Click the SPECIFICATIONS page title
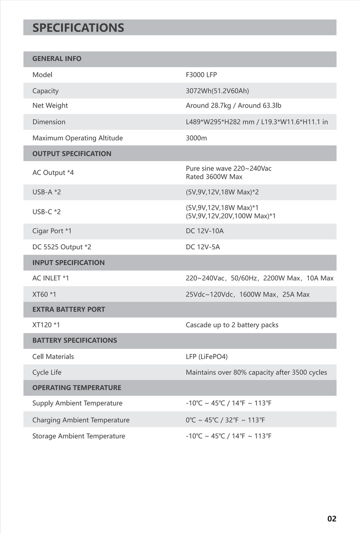point(78,28)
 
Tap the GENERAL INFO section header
point(57,59)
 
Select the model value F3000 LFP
point(201,75)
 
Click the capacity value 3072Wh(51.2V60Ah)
point(217,91)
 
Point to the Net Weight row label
point(50,105)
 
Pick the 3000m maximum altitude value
point(196,138)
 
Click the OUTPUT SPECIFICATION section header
point(72,154)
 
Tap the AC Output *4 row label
point(53,172)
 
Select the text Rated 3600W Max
point(214,176)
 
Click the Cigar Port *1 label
point(52,231)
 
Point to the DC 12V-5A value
point(202,247)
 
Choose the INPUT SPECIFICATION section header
point(68,262)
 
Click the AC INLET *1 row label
point(50,278)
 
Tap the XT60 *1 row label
point(44,294)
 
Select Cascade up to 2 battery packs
point(232,325)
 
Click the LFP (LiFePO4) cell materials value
point(207,357)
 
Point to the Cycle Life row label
point(47,372)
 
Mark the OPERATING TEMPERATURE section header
point(76,388)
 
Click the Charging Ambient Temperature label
point(81,420)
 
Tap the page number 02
point(332,519)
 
